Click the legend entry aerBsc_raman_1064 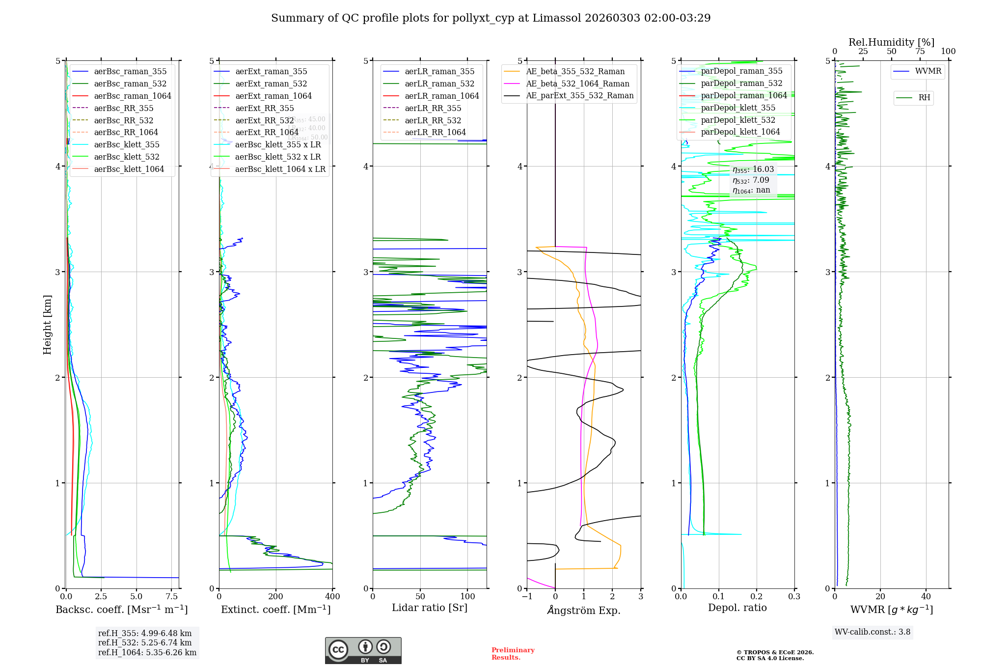tap(133, 96)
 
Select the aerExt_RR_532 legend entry tap(264, 120)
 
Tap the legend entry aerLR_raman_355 tap(439, 72)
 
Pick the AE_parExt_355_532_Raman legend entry tap(579, 96)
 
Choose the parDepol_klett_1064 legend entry tap(740, 132)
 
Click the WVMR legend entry tap(928, 71)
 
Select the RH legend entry tap(924, 98)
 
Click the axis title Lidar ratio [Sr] tap(430, 608)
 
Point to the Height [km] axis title tap(47, 324)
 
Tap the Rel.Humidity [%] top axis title tap(891, 42)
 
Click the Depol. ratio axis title tap(737, 608)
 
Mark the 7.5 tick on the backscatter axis tap(172, 597)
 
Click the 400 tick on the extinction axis tap(332, 597)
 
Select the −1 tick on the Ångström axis tap(527, 597)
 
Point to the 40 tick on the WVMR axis tap(926, 597)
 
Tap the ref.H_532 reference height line tap(145, 642)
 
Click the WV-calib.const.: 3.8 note tap(873, 632)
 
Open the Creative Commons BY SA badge tap(363, 650)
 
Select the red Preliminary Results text tap(513, 654)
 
